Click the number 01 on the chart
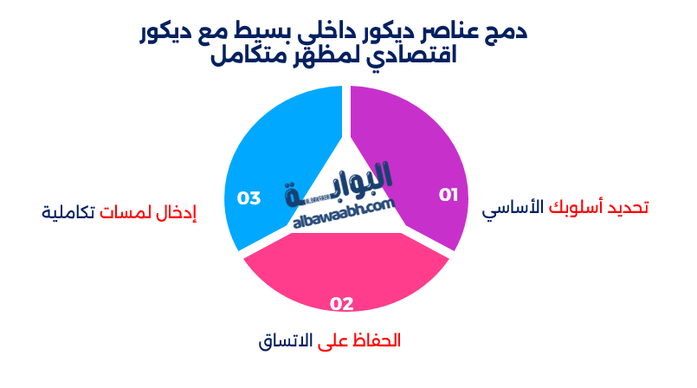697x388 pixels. pos(448,195)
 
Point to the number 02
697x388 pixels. pos(342,303)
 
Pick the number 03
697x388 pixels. pos(249,198)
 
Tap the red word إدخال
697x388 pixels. pos(177,210)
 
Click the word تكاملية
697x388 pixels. pos(68,210)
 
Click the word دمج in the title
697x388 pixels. pos(508,32)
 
